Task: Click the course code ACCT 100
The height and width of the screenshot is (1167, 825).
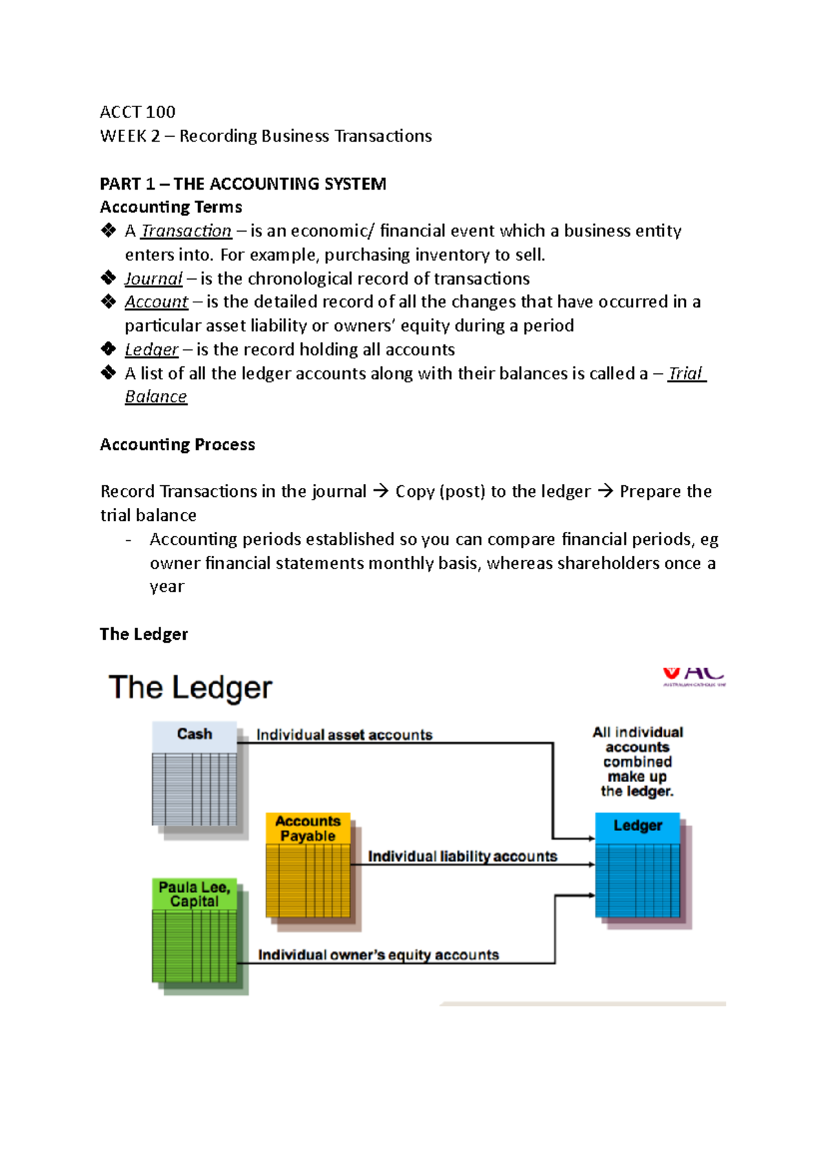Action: tap(137, 112)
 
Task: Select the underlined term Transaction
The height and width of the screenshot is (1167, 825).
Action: tap(186, 231)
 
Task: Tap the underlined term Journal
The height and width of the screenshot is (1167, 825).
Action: tap(153, 278)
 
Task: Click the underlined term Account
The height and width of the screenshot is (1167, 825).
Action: tap(156, 302)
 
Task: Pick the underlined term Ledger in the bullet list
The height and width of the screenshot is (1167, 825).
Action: tap(151, 350)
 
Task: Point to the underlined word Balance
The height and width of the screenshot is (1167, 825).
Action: tap(156, 397)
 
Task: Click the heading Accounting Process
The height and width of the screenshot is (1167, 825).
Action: tap(177, 445)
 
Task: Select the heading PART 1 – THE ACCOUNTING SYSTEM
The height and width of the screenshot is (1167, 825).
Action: tap(243, 184)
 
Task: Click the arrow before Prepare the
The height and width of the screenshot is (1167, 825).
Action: tap(605, 491)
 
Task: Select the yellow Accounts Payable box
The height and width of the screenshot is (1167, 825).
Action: tap(308, 866)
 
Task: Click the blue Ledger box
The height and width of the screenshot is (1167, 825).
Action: tap(637, 866)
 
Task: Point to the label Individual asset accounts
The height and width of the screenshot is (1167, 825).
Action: tap(344, 735)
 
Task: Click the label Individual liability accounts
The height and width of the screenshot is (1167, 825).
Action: tap(462, 856)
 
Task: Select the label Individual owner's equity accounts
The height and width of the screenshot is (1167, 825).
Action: tap(378, 955)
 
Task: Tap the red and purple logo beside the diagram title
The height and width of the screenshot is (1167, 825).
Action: tap(694, 676)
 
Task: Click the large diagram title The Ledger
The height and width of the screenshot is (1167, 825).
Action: tap(190, 687)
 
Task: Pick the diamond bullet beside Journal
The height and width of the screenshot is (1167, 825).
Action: tap(109, 278)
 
